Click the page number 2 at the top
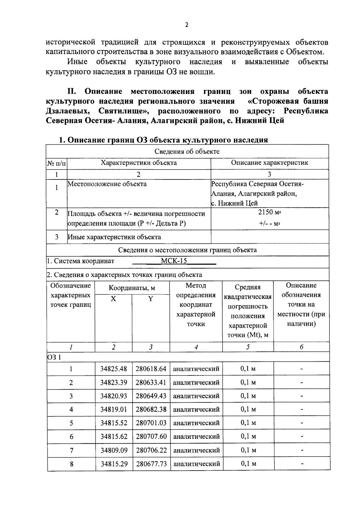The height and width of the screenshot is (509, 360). (186, 25)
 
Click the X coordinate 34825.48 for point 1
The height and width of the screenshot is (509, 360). (113, 369)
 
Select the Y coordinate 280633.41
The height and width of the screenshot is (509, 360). (151, 382)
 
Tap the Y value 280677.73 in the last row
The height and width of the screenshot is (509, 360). (151, 464)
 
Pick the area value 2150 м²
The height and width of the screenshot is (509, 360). (269, 212)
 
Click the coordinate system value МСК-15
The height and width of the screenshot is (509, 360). (174, 261)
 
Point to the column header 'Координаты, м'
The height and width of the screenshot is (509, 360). (132, 288)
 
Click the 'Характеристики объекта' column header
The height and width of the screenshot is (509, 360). (139, 163)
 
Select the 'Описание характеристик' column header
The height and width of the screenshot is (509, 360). (269, 163)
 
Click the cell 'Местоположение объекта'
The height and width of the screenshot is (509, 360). (107, 184)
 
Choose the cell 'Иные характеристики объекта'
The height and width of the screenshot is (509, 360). (114, 237)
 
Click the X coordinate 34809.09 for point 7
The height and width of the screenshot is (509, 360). (114, 450)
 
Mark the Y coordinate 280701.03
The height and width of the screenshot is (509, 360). (151, 423)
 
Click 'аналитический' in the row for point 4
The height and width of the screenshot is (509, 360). (196, 409)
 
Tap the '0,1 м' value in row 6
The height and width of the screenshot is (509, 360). (248, 436)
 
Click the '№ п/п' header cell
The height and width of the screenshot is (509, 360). (56, 164)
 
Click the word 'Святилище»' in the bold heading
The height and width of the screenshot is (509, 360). (124, 111)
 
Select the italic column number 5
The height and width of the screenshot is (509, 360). (248, 347)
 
